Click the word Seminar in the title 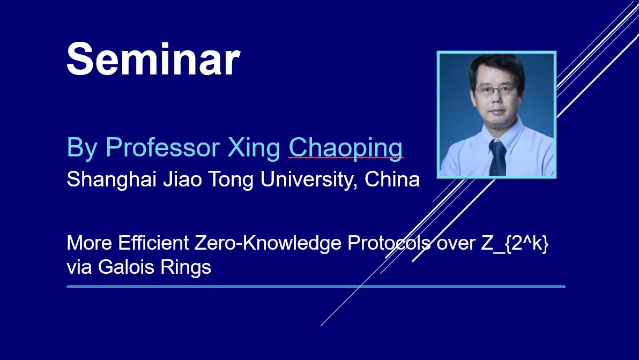[153, 59]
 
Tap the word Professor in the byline [162, 147]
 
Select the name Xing [254, 148]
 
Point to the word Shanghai [112, 179]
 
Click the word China [392, 179]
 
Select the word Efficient [153, 243]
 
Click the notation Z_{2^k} [515, 244]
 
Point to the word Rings [186, 268]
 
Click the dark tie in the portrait [497, 158]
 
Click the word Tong [231, 180]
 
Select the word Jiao [183, 179]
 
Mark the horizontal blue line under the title [316, 287]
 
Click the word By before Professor [83, 148]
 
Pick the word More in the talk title [89, 243]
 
